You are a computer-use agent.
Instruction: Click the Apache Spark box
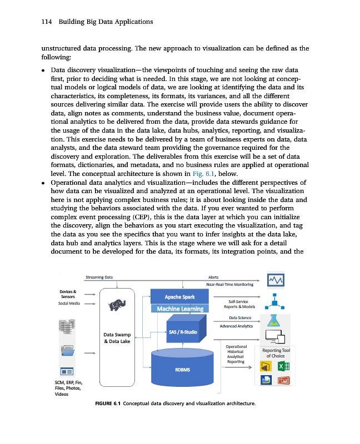177,297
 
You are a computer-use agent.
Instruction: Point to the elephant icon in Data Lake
117,305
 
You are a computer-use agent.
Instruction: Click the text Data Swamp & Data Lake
117,337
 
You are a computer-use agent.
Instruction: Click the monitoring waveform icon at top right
276,280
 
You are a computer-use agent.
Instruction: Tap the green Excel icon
283,367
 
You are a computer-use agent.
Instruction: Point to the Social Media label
69,304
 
